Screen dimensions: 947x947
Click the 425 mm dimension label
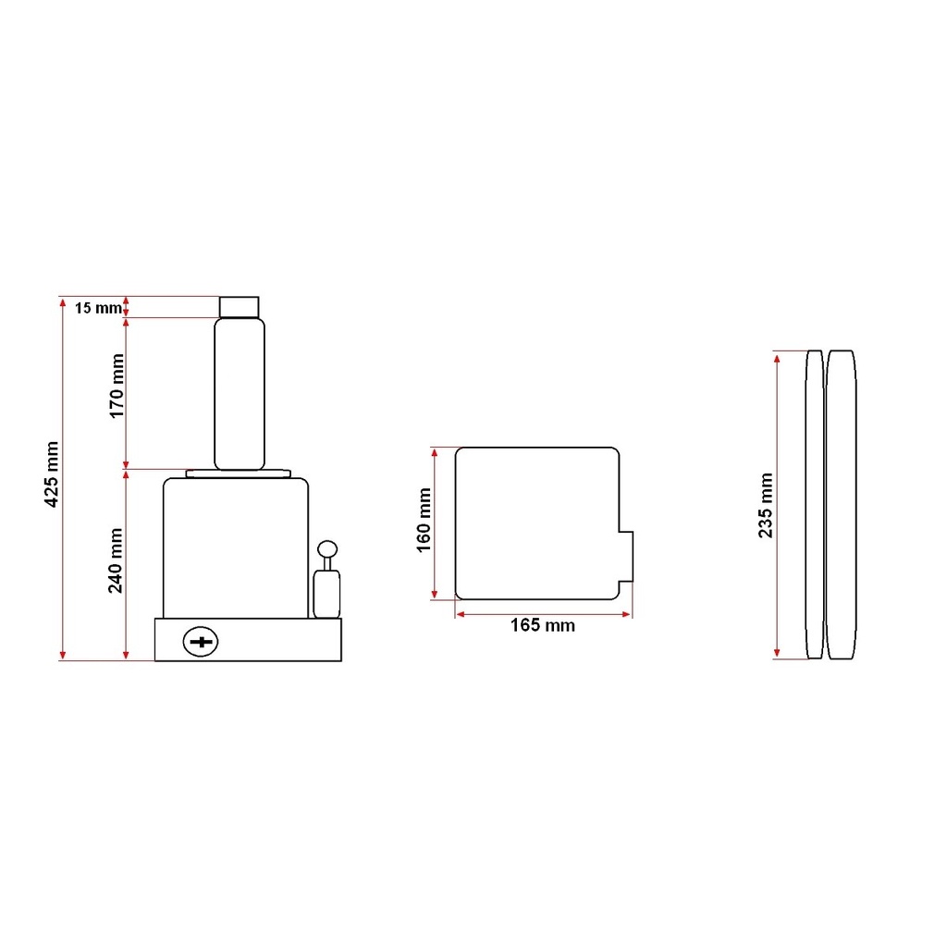coord(52,474)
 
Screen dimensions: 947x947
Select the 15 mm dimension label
coord(98,308)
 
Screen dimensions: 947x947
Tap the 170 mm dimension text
coord(117,386)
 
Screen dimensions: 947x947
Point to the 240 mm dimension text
coord(116,560)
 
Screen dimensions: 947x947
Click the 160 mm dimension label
coord(424,520)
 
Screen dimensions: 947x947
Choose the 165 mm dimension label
coord(542,625)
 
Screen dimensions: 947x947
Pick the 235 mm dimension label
coord(765,506)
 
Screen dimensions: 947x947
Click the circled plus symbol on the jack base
coord(201,642)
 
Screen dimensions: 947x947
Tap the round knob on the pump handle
coord(327,549)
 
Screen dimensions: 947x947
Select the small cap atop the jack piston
coord(240,307)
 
